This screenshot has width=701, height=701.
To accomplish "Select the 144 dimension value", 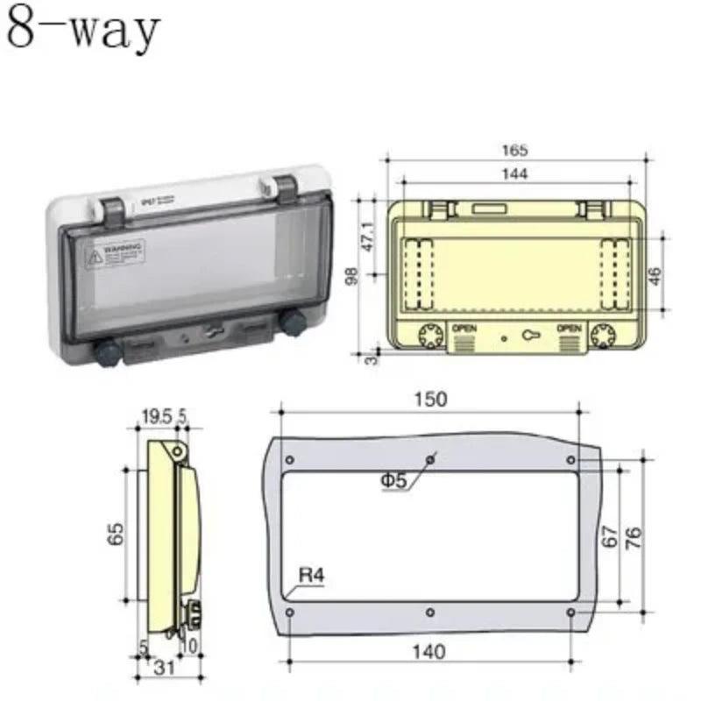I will [x=516, y=174].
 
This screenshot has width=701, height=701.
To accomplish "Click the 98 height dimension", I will [x=350, y=276].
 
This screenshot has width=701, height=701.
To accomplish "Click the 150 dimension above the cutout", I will [x=430, y=399].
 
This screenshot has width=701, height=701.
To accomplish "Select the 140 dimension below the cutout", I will [x=428, y=652].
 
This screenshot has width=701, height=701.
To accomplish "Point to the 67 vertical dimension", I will [x=611, y=536].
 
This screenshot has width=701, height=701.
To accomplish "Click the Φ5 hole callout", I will [x=395, y=480].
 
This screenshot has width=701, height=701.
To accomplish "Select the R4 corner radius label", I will [x=311, y=576].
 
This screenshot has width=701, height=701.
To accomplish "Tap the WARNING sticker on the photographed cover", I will [x=115, y=255].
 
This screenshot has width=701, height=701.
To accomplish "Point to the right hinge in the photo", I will [x=284, y=187].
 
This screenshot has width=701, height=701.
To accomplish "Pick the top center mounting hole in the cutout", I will [x=429, y=458].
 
